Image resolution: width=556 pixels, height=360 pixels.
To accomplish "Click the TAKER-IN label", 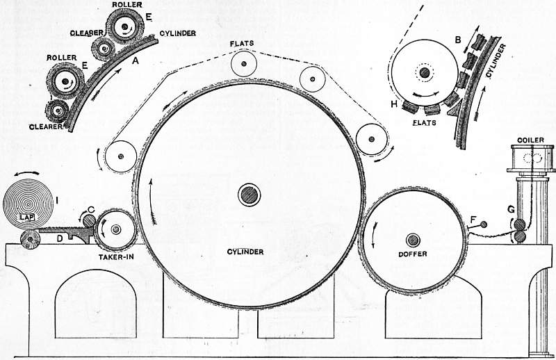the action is [x=116, y=256].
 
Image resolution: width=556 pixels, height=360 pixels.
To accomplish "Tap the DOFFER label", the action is [x=412, y=254].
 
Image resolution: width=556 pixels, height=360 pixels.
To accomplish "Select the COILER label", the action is [x=530, y=140].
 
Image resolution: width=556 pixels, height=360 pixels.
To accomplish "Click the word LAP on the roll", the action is [x=27, y=217].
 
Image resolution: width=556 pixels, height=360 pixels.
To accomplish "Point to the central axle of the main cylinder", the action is [x=250, y=195].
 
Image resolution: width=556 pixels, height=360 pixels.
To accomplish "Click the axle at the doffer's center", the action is [x=413, y=240].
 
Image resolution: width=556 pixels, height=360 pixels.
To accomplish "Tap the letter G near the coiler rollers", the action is [x=511, y=209].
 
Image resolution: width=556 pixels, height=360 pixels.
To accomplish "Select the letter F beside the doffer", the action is [x=473, y=220].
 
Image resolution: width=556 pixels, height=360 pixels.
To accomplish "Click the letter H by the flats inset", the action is [x=394, y=104].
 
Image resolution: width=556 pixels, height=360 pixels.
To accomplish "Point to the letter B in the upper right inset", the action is [x=458, y=40].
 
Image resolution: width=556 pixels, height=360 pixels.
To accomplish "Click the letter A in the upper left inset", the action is [x=135, y=61].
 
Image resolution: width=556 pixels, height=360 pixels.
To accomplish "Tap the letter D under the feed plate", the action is [x=60, y=238].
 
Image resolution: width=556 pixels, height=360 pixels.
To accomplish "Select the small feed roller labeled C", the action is [x=89, y=221].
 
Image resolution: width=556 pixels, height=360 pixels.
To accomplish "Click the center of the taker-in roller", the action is [x=115, y=230].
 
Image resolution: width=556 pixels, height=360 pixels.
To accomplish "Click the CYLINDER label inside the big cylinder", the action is [x=245, y=252].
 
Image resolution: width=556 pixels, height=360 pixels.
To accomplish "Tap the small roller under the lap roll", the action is [x=30, y=239].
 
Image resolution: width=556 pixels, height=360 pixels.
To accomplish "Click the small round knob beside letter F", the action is [x=483, y=224].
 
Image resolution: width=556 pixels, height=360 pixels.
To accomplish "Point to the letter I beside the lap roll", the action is [x=57, y=201].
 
